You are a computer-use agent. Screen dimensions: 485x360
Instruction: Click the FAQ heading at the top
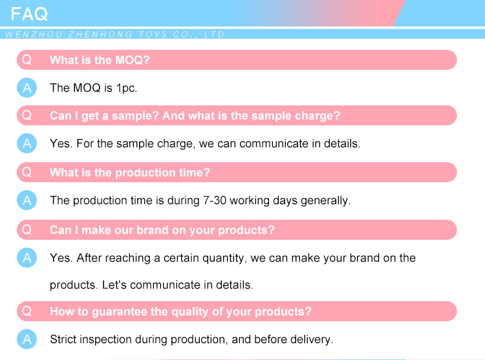(x=29, y=14)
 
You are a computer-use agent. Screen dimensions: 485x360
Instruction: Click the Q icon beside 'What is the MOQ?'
(x=27, y=59)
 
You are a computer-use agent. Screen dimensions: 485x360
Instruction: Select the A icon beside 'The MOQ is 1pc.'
(x=27, y=88)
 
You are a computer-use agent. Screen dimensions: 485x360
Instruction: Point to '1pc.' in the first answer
(x=127, y=89)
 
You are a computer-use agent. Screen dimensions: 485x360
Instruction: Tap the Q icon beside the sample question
(x=27, y=115)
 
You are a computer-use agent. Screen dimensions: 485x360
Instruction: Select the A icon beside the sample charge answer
(x=27, y=143)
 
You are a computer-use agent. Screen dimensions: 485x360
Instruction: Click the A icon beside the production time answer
(x=27, y=200)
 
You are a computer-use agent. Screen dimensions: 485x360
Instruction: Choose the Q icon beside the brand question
(x=27, y=229)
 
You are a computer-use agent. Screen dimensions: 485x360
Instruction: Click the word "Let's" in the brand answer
(x=114, y=284)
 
